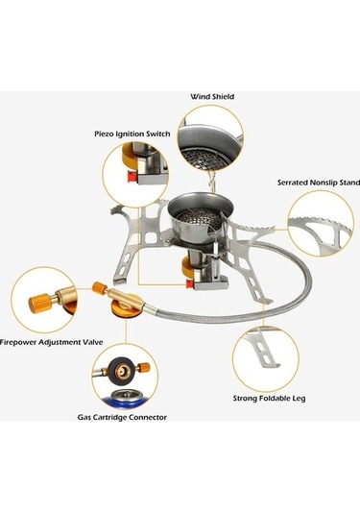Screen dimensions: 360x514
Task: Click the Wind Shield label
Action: click(x=212, y=97)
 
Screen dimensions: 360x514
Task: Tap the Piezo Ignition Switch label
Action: click(x=132, y=134)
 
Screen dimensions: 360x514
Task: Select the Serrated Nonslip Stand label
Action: click(x=319, y=183)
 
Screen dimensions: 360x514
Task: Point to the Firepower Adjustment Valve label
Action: click(x=52, y=342)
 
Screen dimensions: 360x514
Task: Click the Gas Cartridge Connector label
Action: click(x=122, y=417)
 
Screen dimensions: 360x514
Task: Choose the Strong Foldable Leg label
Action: click(x=269, y=399)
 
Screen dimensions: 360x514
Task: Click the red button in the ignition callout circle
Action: click(x=132, y=177)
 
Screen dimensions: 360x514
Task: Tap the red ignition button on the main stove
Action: click(x=189, y=283)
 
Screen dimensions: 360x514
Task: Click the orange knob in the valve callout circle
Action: click(x=39, y=304)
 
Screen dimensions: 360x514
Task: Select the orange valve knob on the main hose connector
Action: click(x=99, y=287)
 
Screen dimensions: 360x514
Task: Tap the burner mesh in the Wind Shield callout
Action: click(x=199, y=157)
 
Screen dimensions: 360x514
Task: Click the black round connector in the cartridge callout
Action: click(x=120, y=371)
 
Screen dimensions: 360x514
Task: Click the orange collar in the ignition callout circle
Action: click(x=129, y=156)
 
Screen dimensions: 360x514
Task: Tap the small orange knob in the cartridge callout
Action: click(x=144, y=367)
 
